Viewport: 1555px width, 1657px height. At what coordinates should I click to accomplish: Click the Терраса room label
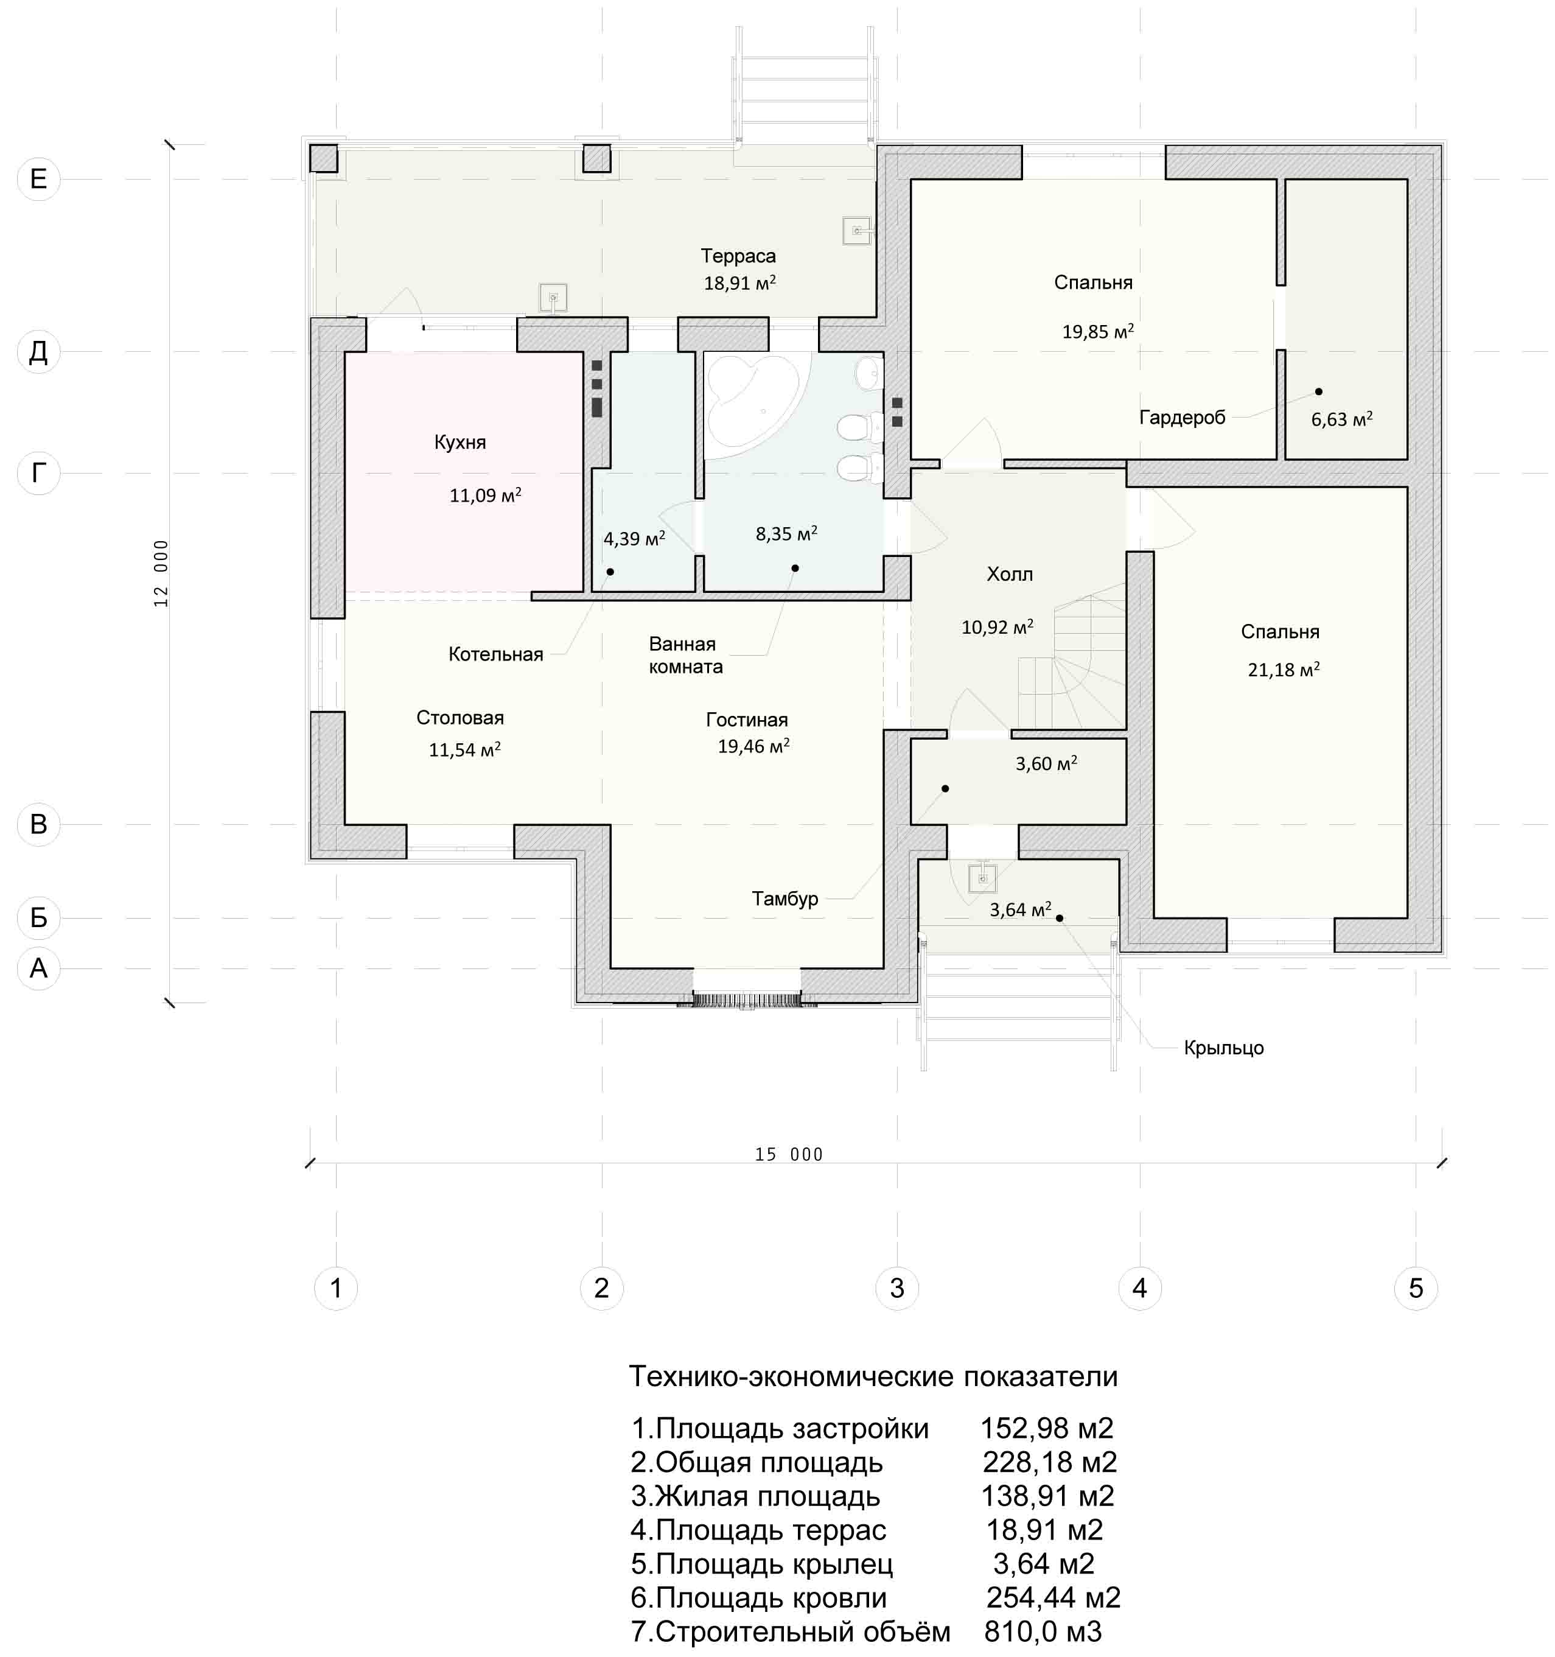tap(738, 256)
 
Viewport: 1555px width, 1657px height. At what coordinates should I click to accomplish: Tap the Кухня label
tap(460, 442)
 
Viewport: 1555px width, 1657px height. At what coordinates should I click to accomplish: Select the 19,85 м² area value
tap(1097, 332)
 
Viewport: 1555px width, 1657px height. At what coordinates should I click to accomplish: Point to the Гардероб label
tap(1182, 418)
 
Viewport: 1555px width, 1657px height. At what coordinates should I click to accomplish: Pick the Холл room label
tap(1009, 574)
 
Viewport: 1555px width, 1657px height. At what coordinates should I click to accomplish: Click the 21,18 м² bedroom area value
tap(1284, 669)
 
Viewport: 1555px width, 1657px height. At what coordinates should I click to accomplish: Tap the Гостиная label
tap(747, 720)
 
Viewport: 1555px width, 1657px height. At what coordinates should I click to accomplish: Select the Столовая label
tap(460, 718)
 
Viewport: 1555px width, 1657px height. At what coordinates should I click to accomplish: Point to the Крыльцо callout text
tap(1223, 1048)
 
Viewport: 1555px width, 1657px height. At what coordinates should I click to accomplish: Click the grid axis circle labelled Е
tap(38, 178)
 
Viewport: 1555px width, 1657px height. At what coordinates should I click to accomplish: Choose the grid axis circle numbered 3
tap(896, 1287)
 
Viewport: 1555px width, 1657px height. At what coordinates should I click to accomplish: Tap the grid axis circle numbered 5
tap(1416, 1287)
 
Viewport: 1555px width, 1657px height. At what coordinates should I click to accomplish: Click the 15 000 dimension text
tap(788, 1154)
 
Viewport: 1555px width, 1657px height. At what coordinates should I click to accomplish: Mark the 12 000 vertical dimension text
tap(161, 573)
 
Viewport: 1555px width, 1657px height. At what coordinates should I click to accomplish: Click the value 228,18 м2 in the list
tap(1049, 1462)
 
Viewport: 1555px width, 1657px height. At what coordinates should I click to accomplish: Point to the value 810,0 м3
tap(1043, 1631)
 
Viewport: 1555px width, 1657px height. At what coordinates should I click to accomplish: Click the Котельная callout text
tap(496, 654)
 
